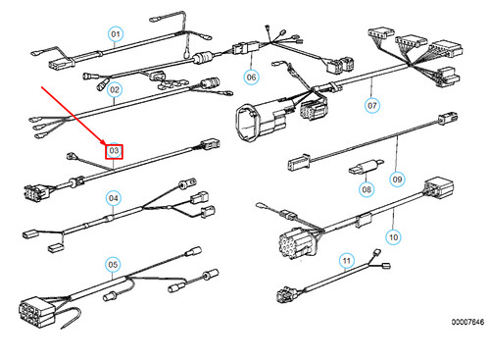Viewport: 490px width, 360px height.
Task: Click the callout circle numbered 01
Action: (x=116, y=34)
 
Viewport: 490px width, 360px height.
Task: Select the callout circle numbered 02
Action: (x=115, y=89)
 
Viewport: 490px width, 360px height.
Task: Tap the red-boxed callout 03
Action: (x=114, y=151)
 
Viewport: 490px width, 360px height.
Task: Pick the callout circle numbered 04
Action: (x=114, y=198)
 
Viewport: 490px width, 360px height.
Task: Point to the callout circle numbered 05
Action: (x=113, y=264)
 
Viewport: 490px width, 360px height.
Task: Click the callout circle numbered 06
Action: (x=251, y=77)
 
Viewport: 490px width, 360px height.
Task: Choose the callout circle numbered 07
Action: (x=372, y=105)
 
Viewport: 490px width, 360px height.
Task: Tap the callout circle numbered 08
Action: (x=367, y=189)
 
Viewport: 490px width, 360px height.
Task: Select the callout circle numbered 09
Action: (x=397, y=180)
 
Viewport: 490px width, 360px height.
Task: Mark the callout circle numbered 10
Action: (x=393, y=237)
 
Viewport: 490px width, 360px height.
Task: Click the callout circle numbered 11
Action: (x=346, y=261)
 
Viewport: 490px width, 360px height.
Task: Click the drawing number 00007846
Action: (x=467, y=322)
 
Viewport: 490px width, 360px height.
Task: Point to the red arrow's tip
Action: (x=105, y=145)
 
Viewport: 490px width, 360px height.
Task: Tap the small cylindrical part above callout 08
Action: (x=367, y=166)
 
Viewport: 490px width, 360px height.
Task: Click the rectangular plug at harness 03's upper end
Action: (x=210, y=143)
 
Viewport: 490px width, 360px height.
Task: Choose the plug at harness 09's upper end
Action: (x=448, y=118)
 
